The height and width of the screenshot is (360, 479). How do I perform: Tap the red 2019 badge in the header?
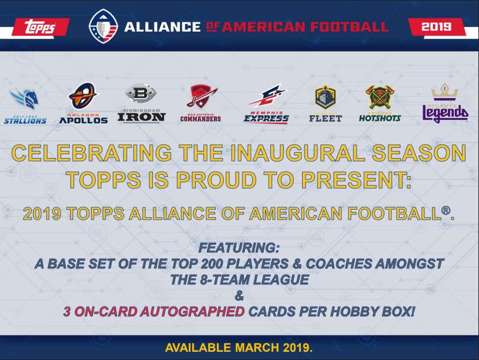436,26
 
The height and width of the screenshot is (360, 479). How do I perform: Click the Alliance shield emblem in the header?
103,27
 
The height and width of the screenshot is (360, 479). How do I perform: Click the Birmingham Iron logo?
141,103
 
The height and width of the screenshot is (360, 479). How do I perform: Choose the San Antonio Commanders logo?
200,103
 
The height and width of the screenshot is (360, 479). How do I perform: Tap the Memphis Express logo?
266,103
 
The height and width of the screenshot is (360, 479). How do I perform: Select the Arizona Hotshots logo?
380,103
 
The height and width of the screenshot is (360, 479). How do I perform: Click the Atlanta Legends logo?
445,103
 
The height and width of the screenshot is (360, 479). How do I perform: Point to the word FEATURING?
239,248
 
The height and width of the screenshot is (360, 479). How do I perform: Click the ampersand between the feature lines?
239,295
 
